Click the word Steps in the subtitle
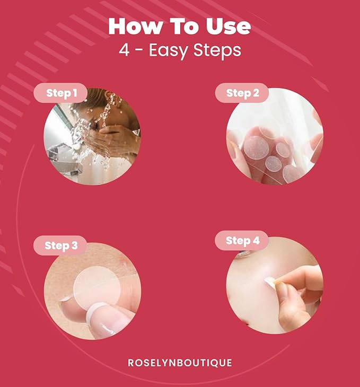pos(221,50)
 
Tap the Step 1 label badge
pos(61,94)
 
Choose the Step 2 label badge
pos(242,93)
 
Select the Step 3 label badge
pos(60,245)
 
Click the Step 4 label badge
pos(242,241)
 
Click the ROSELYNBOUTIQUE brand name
pos(180,363)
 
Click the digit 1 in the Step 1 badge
pos(75,94)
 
